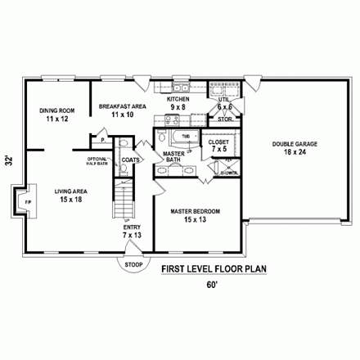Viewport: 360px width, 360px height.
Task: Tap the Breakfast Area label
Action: pyautogui.click(x=122, y=110)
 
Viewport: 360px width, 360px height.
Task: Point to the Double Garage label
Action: pyautogui.click(x=295, y=147)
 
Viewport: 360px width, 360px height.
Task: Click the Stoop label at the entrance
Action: pyautogui.click(x=132, y=265)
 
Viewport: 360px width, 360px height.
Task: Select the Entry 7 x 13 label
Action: pyautogui.click(x=132, y=232)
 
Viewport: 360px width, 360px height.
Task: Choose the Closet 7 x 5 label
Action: pyautogui.click(x=218, y=146)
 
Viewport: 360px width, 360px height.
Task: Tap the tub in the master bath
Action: pyautogui.click(x=182, y=137)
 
